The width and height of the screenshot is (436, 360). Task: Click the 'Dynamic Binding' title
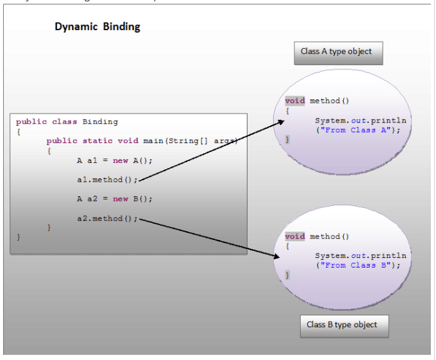point(97,27)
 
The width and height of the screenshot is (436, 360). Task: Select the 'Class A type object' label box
point(338,52)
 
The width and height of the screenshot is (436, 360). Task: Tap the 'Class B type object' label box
point(344,325)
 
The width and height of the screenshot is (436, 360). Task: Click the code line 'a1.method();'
point(107,179)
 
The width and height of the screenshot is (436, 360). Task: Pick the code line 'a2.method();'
point(107,219)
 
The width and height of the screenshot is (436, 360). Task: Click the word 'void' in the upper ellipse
point(295,101)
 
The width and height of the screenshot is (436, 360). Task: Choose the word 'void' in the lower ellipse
point(295,236)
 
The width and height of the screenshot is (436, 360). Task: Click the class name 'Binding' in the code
point(100,121)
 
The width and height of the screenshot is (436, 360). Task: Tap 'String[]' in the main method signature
point(185,141)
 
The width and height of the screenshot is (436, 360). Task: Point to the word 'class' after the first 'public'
point(64,121)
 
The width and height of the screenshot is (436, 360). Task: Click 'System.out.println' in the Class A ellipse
point(360,120)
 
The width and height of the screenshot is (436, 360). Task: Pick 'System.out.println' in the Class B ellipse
point(360,255)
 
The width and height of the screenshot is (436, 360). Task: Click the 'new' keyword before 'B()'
point(121,199)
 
